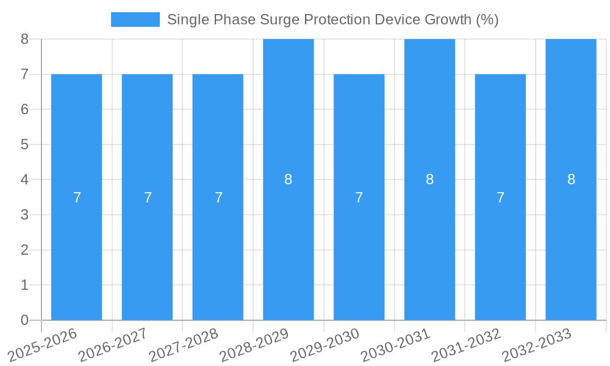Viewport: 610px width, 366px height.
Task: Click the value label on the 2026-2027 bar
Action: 148,198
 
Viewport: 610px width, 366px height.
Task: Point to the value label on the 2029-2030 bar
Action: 359,198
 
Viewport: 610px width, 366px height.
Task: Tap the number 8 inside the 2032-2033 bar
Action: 571,179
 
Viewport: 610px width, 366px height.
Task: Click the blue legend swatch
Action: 135,20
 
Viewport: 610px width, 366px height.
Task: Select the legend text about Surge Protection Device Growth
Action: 332,20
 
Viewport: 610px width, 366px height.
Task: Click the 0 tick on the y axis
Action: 24,320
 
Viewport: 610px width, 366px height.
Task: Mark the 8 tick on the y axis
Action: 24,39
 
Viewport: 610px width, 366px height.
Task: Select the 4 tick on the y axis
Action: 24,180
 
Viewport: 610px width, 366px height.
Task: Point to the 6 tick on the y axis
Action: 24,109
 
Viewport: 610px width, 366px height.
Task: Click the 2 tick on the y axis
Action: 24,250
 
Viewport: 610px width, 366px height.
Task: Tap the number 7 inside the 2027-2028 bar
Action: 218,198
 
